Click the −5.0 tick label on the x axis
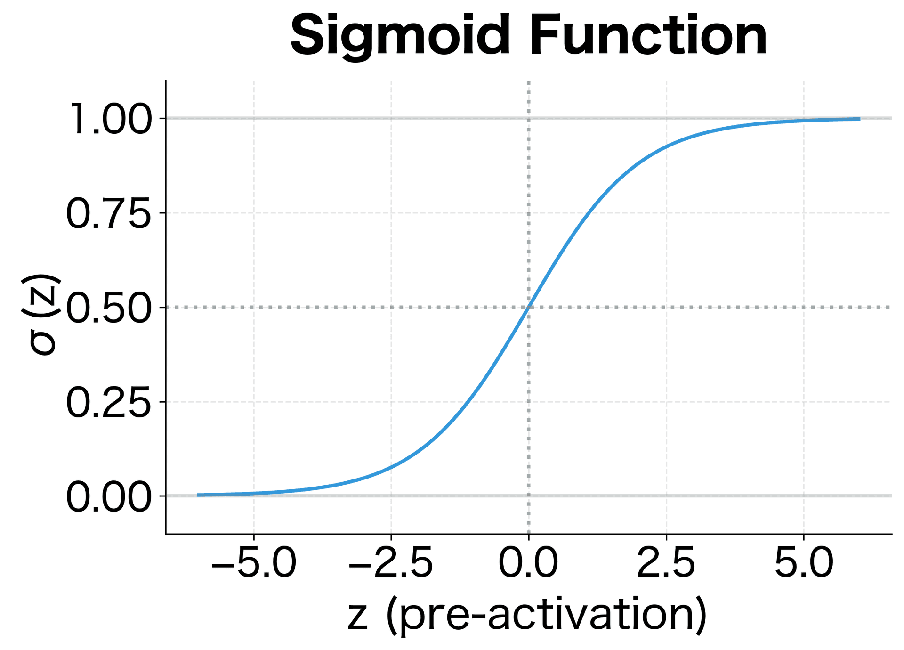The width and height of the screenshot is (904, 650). [x=254, y=563]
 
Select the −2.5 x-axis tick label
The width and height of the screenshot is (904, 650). [x=391, y=563]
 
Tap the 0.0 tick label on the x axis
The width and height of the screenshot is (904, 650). [x=528, y=563]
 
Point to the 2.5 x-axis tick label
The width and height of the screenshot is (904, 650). [x=666, y=563]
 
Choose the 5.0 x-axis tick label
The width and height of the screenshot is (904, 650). [x=804, y=563]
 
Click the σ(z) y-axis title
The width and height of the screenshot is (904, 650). [x=41, y=314]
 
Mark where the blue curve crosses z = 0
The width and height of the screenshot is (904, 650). [x=529, y=307]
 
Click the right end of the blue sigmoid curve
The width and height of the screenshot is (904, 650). [x=859, y=119]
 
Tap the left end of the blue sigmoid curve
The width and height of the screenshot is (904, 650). [x=198, y=495]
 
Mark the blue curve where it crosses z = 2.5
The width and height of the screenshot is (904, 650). [x=666, y=147]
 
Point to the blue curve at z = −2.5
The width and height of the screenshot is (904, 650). [x=391, y=467]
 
